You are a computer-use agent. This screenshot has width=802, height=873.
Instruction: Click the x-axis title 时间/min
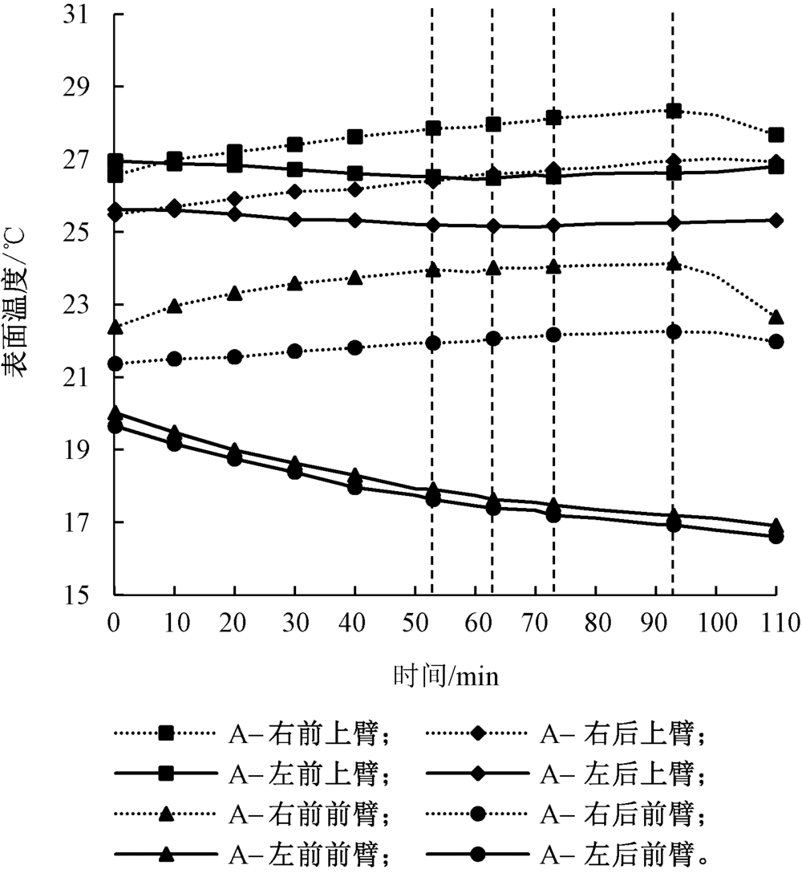coord(446,677)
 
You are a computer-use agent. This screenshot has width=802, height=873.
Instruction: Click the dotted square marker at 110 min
coord(776,135)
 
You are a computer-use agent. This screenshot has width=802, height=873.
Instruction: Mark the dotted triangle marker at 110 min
coord(776,318)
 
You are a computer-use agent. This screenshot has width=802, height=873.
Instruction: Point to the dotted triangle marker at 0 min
coord(115,327)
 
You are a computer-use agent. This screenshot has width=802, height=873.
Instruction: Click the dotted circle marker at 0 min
coord(115,363)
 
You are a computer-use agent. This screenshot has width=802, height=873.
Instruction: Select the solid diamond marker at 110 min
coord(776,220)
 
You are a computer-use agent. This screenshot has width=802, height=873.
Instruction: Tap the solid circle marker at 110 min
coord(776,536)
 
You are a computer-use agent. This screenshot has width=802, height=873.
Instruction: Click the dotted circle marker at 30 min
coord(294,351)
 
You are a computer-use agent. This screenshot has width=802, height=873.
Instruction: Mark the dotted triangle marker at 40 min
coord(354,278)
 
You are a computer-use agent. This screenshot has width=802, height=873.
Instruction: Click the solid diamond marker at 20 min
coord(234,214)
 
